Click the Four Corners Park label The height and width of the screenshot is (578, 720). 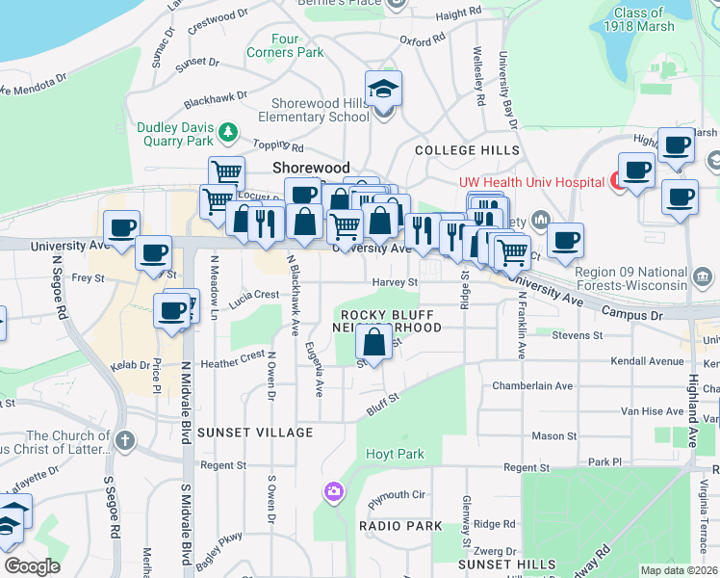285,46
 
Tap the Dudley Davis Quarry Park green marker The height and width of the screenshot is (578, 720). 228,130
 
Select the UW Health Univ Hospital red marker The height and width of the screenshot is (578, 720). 614,180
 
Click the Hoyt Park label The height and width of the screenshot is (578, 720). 395,454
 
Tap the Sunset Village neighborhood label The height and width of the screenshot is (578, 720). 242,433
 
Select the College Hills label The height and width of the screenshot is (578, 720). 467,151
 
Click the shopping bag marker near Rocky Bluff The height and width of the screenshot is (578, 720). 373,342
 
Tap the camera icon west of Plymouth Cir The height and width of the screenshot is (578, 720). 334,492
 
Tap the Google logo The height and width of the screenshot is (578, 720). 32,565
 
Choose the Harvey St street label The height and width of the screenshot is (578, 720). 396,282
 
